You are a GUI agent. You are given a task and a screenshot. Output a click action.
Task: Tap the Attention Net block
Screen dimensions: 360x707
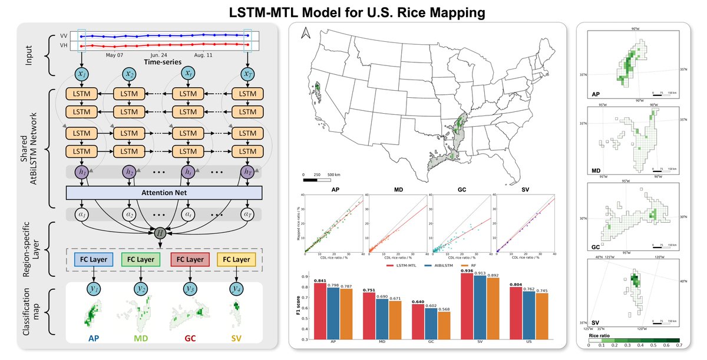pyautogui.click(x=161, y=192)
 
